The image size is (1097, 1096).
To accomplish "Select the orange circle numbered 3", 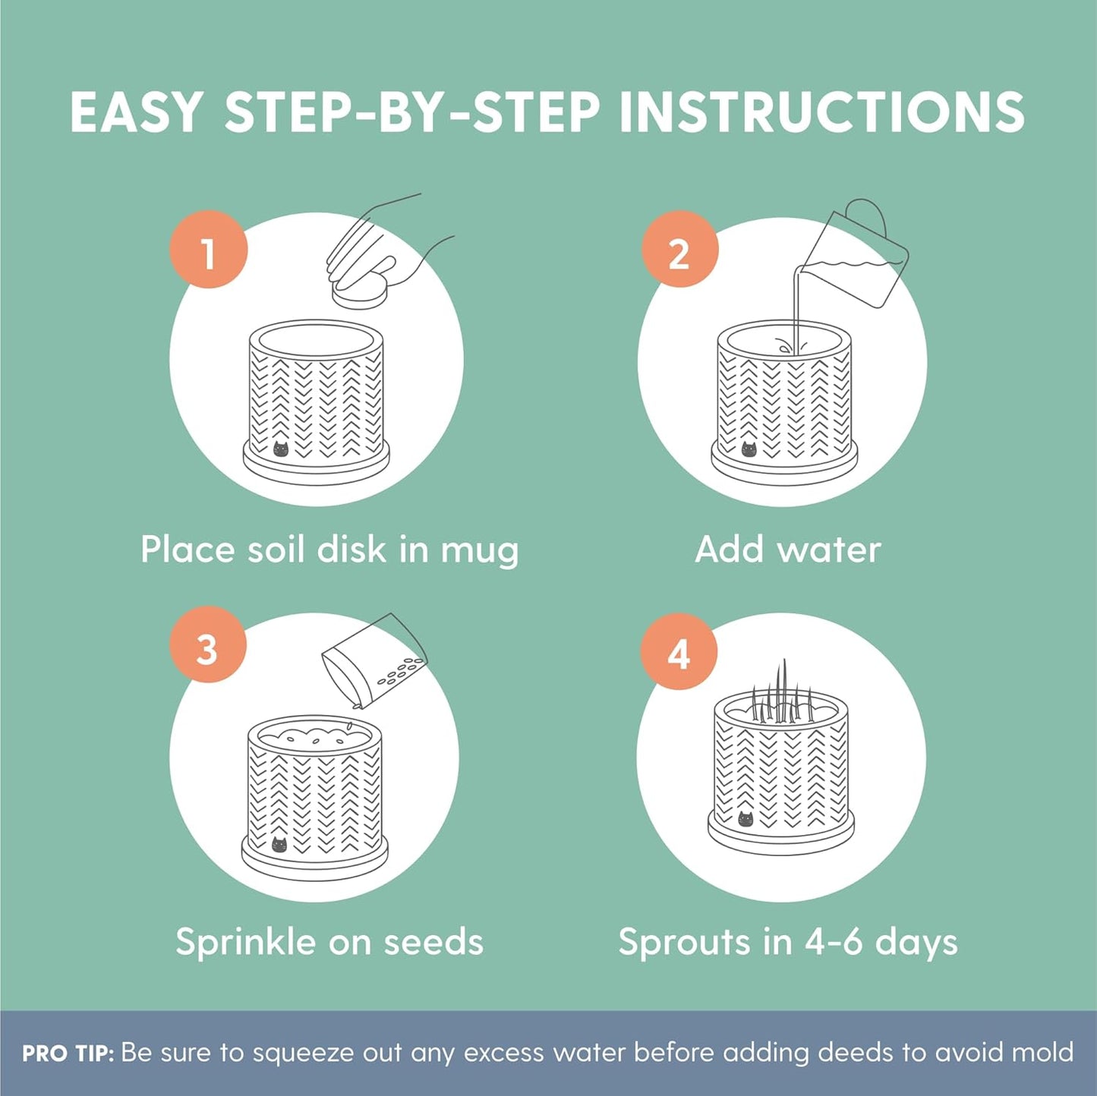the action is tap(208, 648).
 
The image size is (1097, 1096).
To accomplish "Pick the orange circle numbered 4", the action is tap(679, 651).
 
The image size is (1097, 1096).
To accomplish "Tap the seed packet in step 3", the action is tap(375, 660).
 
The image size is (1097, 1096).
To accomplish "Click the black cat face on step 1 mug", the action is tap(281, 449).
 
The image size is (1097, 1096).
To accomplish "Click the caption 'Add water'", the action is tap(788, 550).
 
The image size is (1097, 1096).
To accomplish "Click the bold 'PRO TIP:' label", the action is tap(68, 1053).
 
